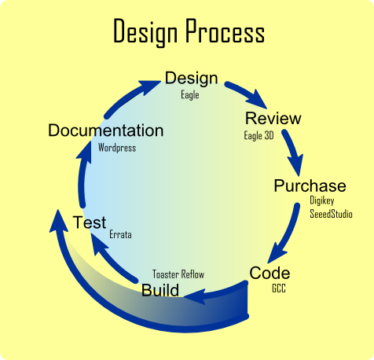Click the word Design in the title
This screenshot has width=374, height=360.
tap(145, 32)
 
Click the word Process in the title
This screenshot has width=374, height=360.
tap(225, 31)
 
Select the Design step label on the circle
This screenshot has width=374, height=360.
tap(191, 79)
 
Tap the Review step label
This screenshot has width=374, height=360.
tap(273, 118)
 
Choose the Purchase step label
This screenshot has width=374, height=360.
tap(310, 186)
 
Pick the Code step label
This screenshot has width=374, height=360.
tap(269, 273)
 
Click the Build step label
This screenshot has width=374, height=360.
tap(160, 290)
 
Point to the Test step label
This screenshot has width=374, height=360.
tap(90, 222)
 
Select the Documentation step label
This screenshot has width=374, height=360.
tap(106, 130)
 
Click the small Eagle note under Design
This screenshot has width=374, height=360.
tap(190, 95)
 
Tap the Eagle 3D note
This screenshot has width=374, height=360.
tap(258, 135)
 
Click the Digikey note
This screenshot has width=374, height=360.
tap(322, 200)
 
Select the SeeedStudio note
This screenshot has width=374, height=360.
tap(331, 214)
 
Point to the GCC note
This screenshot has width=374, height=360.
tap(279, 288)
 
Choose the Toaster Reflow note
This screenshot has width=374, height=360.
tap(178, 274)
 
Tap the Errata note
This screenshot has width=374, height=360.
tap(120, 234)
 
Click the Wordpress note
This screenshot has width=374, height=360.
tap(117, 148)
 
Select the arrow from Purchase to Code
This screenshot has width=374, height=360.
tap(286, 234)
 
